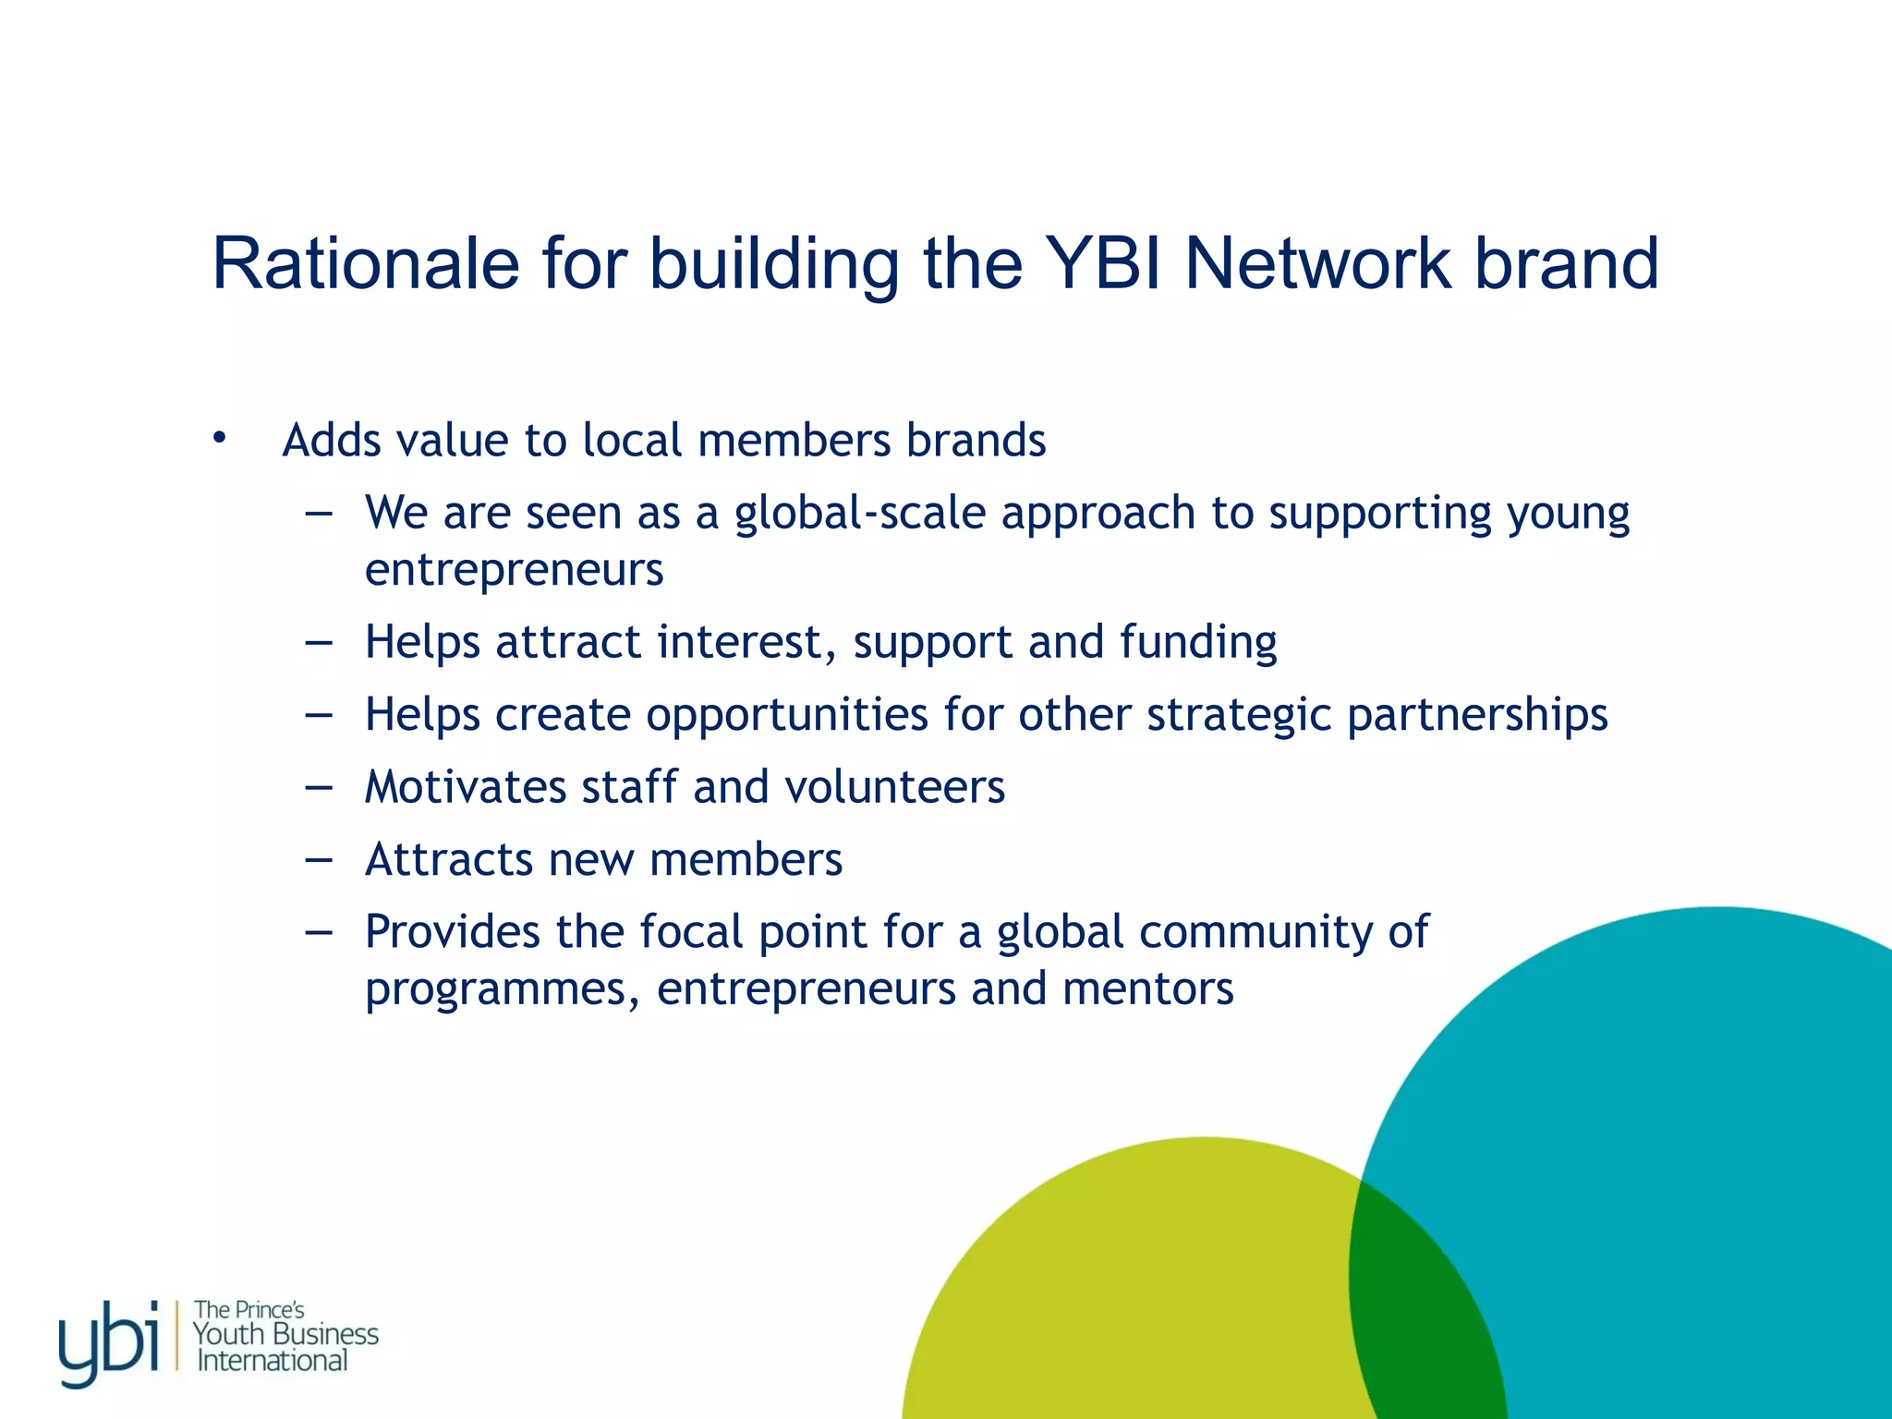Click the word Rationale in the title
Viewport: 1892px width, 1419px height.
click(x=366, y=264)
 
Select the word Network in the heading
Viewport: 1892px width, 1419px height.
click(x=1317, y=264)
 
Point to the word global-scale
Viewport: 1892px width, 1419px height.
click(x=859, y=514)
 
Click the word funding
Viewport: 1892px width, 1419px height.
click(x=1198, y=642)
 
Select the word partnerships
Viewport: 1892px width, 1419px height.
click(x=1477, y=715)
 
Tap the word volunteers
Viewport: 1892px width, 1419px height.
click(x=894, y=787)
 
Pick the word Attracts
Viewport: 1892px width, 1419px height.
click(x=449, y=859)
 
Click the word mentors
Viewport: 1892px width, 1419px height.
click(x=1147, y=988)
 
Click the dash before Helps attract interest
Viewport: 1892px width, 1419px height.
click(x=318, y=642)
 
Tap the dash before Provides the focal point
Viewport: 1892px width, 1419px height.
click(x=318, y=932)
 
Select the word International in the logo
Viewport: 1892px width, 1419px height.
click(x=273, y=1361)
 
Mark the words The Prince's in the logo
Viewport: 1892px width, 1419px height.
click(x=249, y=1310)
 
